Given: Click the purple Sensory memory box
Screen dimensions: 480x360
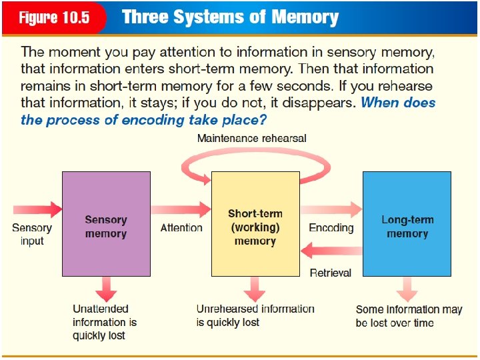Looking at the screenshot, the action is tap(105, 223).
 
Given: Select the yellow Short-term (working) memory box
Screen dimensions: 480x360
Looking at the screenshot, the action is tap(255, 223).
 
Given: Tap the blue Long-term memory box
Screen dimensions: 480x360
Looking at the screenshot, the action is tap(407, 223).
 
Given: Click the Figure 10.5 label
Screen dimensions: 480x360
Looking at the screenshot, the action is tap(54, 17).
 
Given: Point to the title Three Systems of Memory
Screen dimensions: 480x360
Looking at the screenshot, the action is tap(230, 17).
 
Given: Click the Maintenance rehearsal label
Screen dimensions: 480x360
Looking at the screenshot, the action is tap(252, 138).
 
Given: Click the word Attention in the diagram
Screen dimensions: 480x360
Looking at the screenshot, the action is tap(181, 228).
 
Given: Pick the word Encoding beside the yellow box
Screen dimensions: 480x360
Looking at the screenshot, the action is tap(331, 228).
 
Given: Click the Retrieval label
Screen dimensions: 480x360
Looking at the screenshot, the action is tap(331, 272).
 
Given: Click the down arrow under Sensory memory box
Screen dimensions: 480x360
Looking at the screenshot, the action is tap(105, 289).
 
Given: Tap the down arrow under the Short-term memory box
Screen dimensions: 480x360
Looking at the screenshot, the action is tap(255, 289).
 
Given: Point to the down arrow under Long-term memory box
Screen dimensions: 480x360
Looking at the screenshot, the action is tap(407, 289).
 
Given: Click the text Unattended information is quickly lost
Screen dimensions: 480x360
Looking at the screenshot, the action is tap(105, 322).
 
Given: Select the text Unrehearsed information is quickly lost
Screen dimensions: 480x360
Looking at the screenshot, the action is tap(255, 315).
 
